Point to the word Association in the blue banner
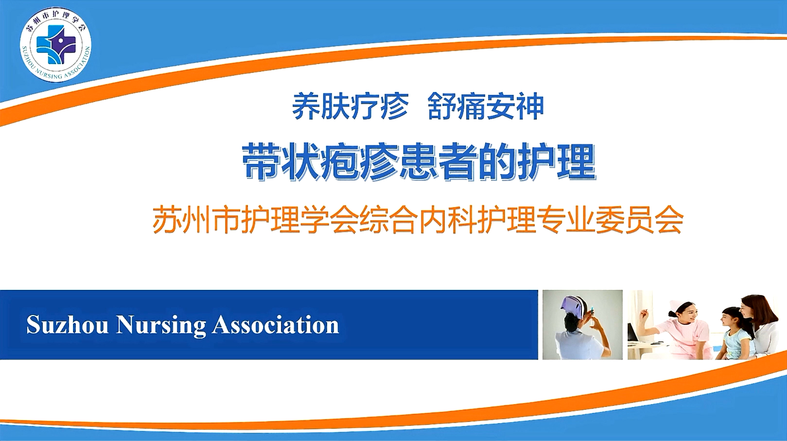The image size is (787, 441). (x=275, y=325)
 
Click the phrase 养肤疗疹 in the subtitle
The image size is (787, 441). (x=350, y=106)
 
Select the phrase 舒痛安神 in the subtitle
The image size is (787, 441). (x=486, y=106)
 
